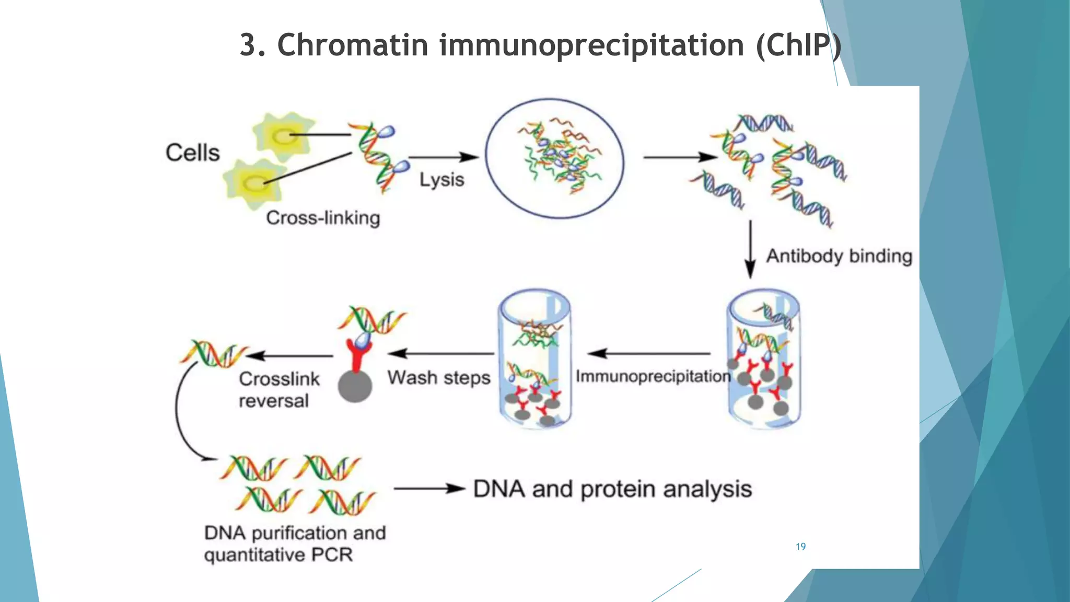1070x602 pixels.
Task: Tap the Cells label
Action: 193,153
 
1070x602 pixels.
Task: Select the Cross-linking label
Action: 323,217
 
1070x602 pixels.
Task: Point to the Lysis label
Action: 442,180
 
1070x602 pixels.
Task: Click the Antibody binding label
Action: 839,256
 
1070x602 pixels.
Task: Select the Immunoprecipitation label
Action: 653,376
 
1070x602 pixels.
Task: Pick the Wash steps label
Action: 439,377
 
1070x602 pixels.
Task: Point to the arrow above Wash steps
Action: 441,354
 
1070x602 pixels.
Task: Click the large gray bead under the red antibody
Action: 355,386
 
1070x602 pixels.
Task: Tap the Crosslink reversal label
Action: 278,390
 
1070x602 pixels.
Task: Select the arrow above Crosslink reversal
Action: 290,356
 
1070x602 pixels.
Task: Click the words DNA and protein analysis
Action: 612,489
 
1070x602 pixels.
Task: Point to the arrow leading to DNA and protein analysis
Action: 429,489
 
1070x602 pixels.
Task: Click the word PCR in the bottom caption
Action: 332,554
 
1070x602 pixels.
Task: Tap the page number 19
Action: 800,547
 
